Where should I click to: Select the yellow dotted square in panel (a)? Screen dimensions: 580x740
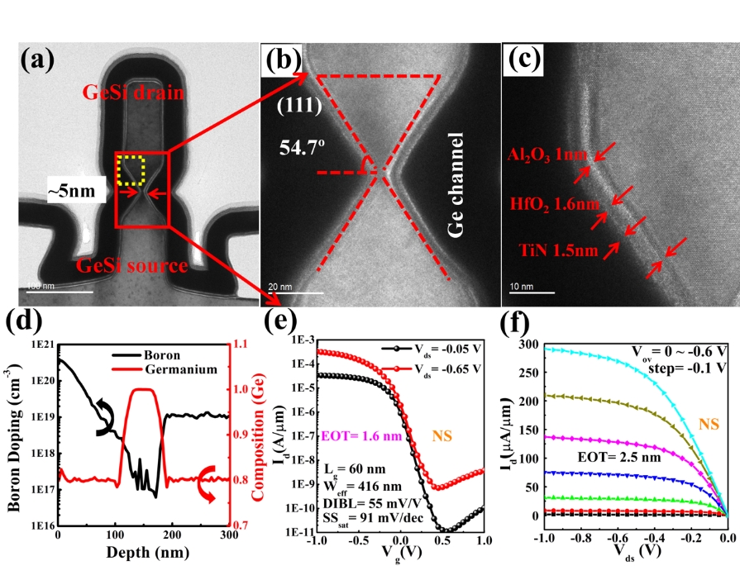(131, 169)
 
